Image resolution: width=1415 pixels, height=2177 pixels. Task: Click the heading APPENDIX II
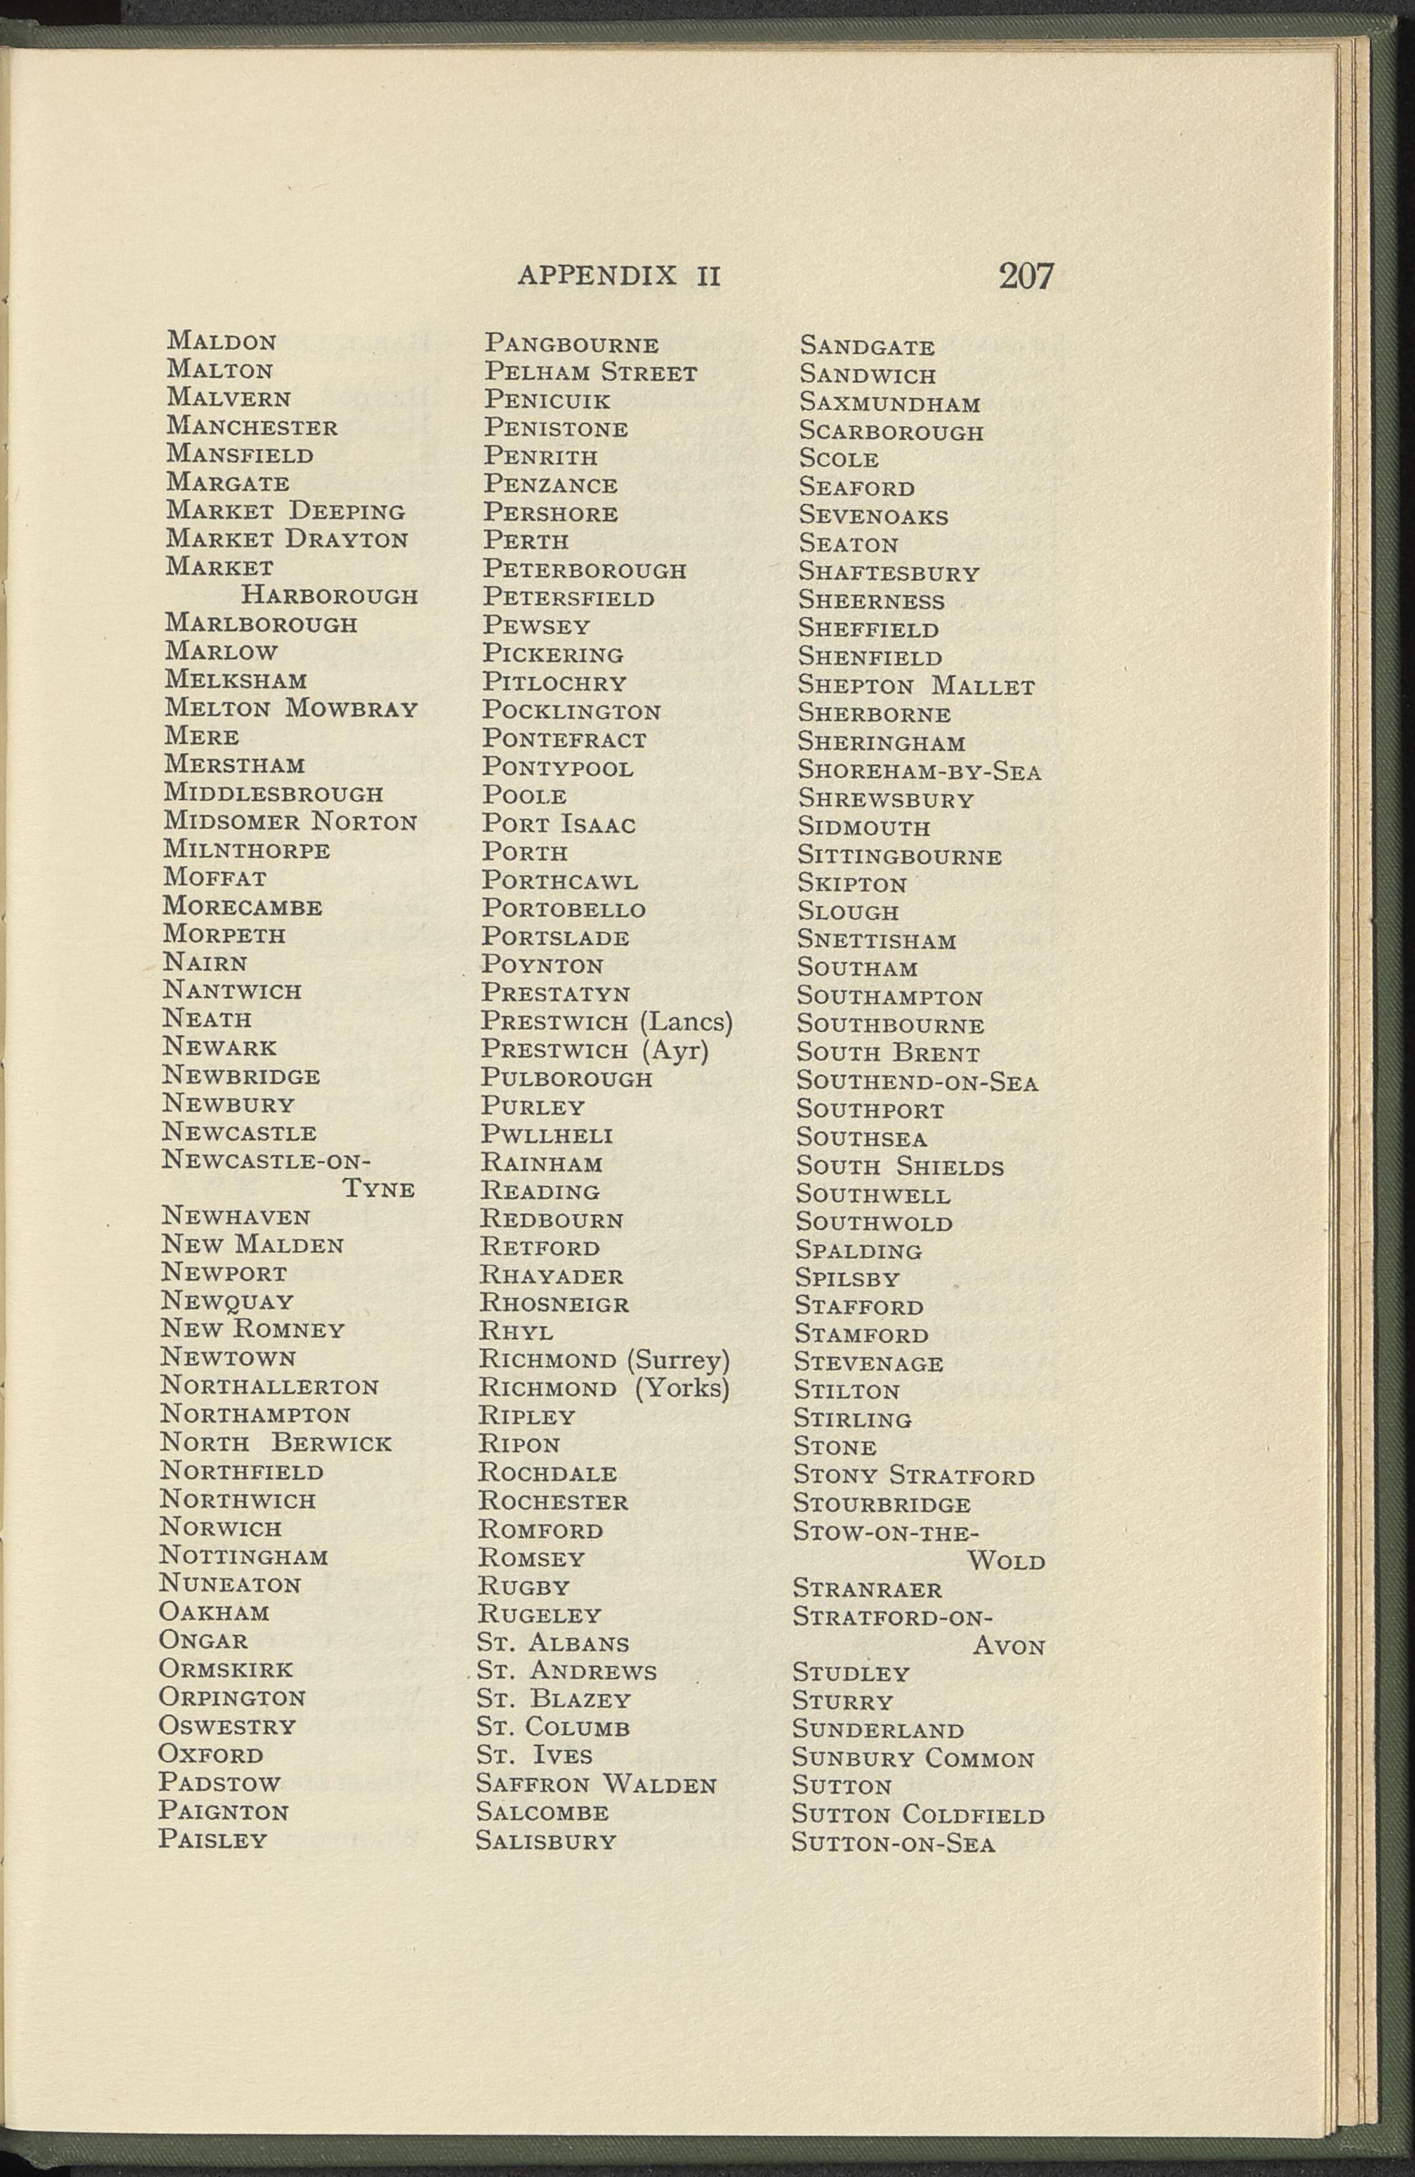pos(619,275)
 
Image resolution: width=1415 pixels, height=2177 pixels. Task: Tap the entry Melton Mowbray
pos(291,708)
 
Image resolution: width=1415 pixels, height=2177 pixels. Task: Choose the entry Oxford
pos(211,1754)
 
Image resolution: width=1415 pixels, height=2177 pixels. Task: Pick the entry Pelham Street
pos(590,373)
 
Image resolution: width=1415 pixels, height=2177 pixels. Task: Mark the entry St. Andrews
pos(567,1671)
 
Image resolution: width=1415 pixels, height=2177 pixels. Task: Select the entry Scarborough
pos(891,431)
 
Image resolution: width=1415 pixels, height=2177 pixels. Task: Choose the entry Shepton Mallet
pos(916,686)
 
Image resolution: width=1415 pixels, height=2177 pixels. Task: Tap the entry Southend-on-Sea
pos(918,1082)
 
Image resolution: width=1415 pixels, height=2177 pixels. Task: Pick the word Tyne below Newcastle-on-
pos(379,1189)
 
